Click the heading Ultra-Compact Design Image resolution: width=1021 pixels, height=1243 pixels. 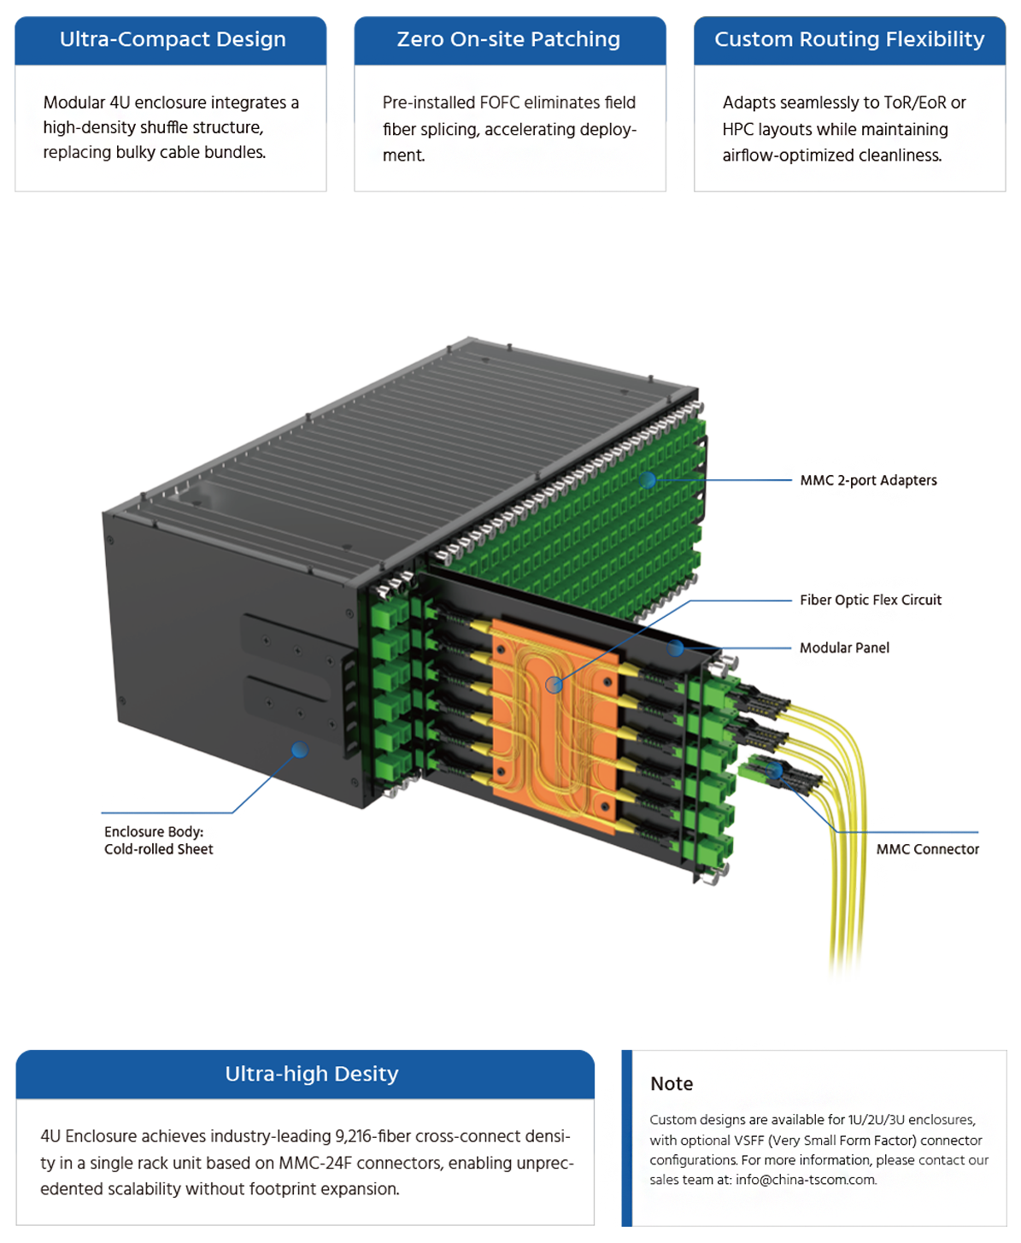[173, 39]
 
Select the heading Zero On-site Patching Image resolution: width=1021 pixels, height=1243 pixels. [508, 39]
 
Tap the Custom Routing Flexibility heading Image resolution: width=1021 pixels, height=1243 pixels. [849, 39]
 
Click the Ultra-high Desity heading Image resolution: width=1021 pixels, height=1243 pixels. [312, 1074]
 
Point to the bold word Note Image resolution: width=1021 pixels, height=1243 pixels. [672, 1084]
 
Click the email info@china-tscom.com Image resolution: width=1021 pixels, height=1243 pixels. [805, 1180]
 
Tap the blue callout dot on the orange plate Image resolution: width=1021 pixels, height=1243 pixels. [554, 684]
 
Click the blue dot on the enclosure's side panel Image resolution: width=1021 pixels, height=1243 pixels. [299, 750]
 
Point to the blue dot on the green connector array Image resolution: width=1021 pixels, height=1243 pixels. [648, 480]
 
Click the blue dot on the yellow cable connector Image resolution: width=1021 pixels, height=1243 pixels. [775, 771]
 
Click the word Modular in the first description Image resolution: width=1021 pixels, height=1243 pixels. [73, 103]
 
